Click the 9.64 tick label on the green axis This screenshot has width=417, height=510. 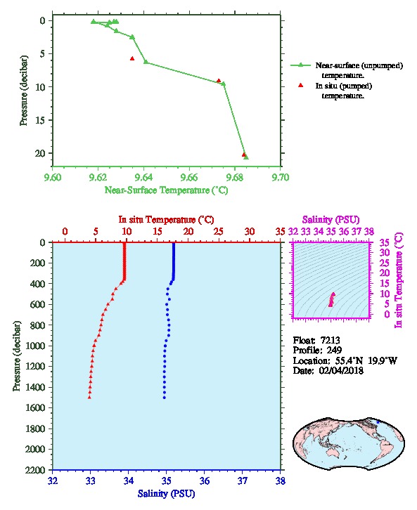[143, 177]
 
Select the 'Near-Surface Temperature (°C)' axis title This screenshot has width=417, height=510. [166, 190]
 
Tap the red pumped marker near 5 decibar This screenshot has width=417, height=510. [132, 58]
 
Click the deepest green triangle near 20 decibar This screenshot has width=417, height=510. [246, 157]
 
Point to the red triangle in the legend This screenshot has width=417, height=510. [301, 85]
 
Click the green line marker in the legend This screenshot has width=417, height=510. [300, 65]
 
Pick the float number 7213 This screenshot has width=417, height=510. [330, 341]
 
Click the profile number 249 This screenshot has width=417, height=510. [334, 351]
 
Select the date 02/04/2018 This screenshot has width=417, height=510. [341, 371]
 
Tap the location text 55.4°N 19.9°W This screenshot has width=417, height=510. [366, 360]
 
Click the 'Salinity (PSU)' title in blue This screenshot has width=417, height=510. [166, 494]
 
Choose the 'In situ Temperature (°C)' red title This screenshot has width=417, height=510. [166, 220]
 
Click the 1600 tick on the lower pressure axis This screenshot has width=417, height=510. [36, 408]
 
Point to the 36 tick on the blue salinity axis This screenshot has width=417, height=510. [205, 480]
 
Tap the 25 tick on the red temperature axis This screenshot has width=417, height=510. [219, 232]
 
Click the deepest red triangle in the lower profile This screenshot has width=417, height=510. [89, 397]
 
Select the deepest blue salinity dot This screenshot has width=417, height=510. [165, 398]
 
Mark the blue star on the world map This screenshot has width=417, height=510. [378, 422]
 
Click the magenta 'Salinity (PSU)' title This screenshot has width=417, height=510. [331, 220]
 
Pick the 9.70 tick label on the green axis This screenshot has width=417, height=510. [281, 177]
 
